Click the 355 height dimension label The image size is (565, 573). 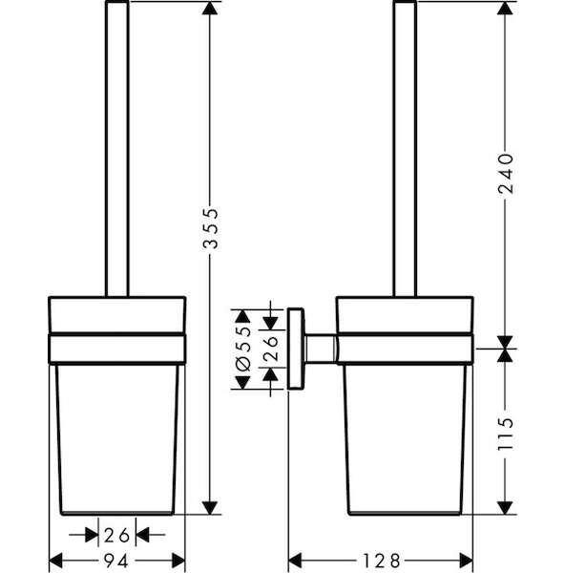pos(210,228)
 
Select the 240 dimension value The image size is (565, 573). pos(506,174)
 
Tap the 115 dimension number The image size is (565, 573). pos(506,434)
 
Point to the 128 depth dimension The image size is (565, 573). pos(381,561)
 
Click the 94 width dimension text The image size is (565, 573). pos(116,561)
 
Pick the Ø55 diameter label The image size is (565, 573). pos(243,349)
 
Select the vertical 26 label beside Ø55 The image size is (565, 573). pos(270,349)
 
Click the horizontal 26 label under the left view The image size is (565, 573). pos(116,535)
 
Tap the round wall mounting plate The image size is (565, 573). pos(296,349)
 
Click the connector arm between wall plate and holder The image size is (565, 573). pos(321,349)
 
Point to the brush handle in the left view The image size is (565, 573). pos(117,148)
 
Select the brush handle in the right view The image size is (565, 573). pos(405,148)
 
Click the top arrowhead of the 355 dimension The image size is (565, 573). pos(210,8)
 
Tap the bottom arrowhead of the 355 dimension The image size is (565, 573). pos(210,508)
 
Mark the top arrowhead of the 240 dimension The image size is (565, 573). pos(505,8)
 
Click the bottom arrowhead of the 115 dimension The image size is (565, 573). pos(505,508)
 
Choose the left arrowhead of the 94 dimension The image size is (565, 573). pos(56,561)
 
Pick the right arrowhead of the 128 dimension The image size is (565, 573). pos(466,561)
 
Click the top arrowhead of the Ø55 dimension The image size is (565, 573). pos(242,316)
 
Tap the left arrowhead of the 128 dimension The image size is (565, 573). pos(295,561)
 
